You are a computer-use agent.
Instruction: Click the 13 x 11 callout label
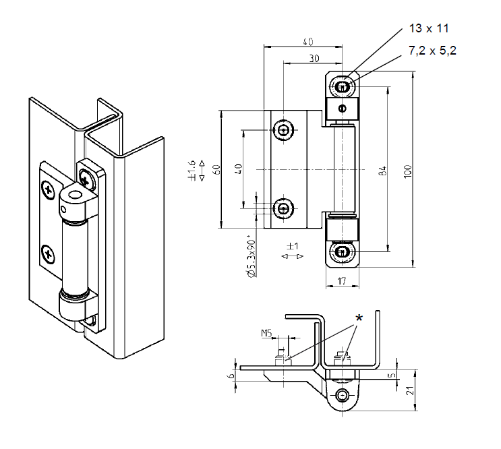(x=429, y=28)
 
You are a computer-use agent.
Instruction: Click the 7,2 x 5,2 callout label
(x=433, y=51)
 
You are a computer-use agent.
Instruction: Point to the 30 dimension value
(x=314, y=59)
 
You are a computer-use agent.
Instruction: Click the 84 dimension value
(x=382, y=170)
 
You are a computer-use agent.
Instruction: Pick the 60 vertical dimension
(x=216, y=169)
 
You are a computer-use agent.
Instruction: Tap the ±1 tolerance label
(x=292, y=247)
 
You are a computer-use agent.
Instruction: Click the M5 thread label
(x=266, y=332)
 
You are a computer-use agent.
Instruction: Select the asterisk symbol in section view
(x=359, y=318)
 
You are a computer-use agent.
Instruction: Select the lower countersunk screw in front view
(x=285, y=208)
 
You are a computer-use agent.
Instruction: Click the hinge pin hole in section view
(x=344, y=395)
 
